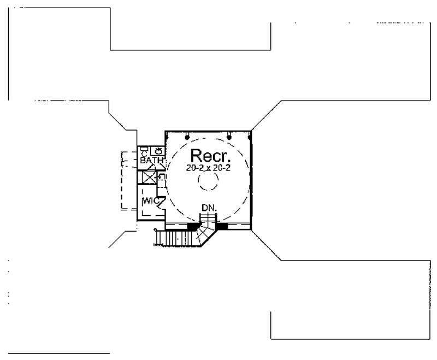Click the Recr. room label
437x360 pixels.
(208, 155)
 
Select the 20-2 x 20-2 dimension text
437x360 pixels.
(208, 168)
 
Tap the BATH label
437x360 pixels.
(151, 161)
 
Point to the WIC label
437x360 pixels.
(150, 201)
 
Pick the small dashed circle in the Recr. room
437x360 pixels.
(208, 186)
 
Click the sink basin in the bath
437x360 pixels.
(157, 151)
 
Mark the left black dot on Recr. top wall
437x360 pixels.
(187, 136)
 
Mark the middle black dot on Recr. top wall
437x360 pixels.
(229, 136)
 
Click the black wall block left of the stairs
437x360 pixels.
(193, 226)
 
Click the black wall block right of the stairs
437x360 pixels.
(222, 226)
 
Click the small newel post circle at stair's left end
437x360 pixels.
(156, 230)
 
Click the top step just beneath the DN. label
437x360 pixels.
(208, 217)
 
